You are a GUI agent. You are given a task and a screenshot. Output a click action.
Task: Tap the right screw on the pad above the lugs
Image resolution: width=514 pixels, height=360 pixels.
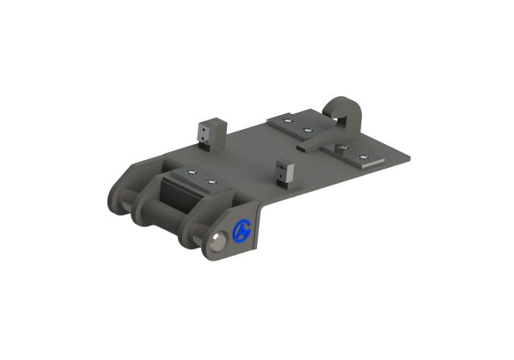click(x=211, y=181)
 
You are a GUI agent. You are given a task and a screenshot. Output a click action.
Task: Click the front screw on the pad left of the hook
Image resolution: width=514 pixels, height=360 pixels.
click(x=307, y=130)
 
